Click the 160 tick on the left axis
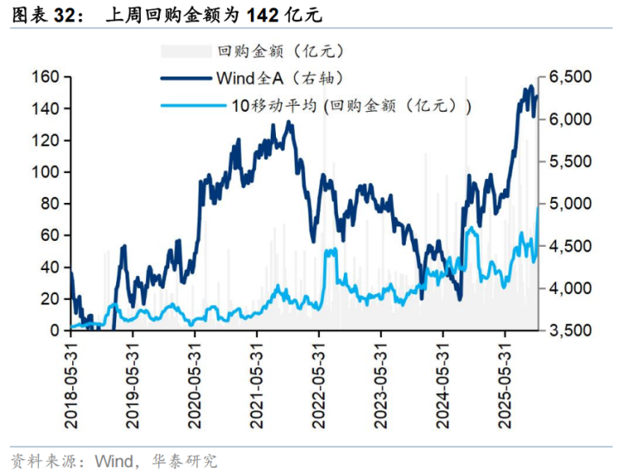tap(48, 77)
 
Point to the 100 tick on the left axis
tap(48, 172)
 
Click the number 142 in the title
tap(260, 15)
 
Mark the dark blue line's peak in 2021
tap(288, 122)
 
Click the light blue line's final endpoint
tap(538, 206)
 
